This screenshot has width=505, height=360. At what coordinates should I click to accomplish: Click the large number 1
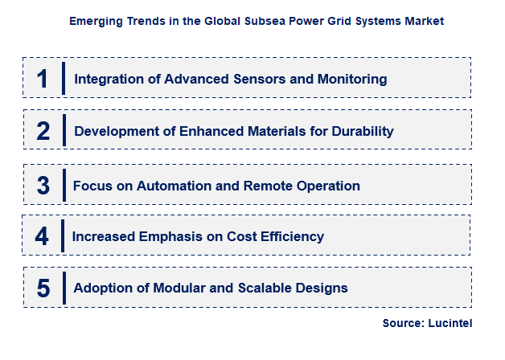point(43,78)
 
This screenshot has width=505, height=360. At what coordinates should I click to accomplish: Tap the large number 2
point(43,131)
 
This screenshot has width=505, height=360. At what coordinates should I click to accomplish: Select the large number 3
point(43,185)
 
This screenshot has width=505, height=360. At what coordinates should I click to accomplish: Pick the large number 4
point(43,236)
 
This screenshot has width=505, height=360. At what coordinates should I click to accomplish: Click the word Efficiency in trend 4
point(292,237)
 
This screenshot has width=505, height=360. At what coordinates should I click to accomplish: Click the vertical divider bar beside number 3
point(64,185)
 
